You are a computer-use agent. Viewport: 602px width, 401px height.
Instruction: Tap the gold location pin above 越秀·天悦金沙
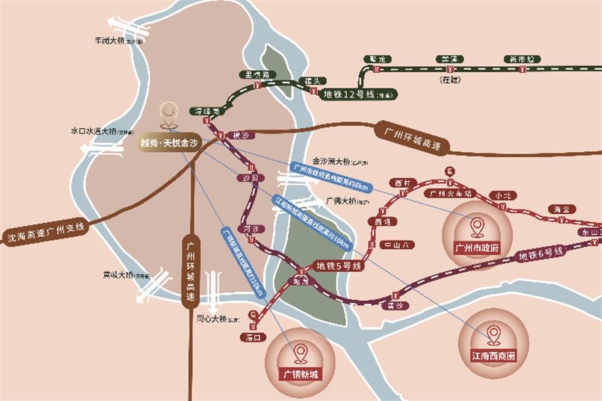pos(169,114)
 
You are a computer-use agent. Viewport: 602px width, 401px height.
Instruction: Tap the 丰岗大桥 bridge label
pos(118,42)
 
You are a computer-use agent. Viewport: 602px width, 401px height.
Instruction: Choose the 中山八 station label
pos(398,244)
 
